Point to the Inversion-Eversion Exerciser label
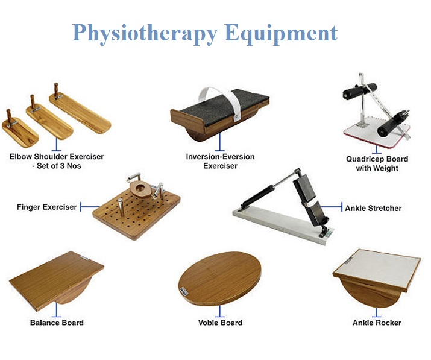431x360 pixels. (220, 161)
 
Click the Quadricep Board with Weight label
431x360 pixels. (377, 163)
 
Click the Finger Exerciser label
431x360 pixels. (47, 207)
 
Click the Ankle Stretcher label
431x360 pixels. (373, 208)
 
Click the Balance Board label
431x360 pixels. (57, 323)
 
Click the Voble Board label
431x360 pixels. (220, 323)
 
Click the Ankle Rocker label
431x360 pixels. (377, 323)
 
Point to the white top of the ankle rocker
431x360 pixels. (380, 268)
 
